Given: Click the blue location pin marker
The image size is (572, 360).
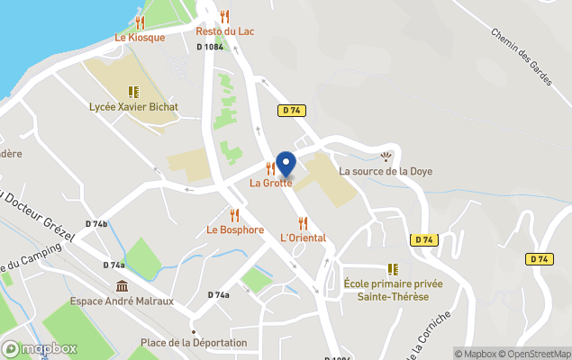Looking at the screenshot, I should pyautogui.click(x=286, y=165).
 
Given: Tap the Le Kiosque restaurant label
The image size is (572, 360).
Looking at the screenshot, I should pyautogui.click(x=140, y=38).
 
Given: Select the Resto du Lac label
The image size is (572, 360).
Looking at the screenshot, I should pyautogui.click(x=225, y=31).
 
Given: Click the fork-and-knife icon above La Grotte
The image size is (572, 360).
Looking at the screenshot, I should pyautogui.click(x=270, y=168).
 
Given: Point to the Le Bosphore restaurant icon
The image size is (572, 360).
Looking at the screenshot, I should pyautogui.click(x=234, y=214).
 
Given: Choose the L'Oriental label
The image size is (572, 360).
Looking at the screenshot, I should pyautogui.click(x=303, y=238).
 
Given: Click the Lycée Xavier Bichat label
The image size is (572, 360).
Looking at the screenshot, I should pyautogui.click(x=133, y=107).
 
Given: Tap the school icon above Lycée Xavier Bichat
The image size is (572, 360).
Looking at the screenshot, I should pyautogui.click(x=133, y=91).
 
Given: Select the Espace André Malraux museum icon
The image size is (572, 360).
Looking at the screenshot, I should pyautogui.click(x=122, y=286).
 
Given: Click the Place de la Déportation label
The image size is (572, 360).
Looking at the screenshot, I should pyautogui.click(x=194, y=343).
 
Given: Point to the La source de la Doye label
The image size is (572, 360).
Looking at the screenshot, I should pyautogui.click(x=386, y=171).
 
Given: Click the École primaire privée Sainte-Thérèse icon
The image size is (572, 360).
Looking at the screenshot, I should pyautogui.click(x=393, y=268).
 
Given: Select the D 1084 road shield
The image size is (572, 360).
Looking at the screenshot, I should pyautogui.click(x=209, y=47).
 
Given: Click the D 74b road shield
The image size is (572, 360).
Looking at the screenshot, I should pyautogui.click(x=96, y=223).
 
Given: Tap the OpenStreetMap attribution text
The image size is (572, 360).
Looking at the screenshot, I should pyautogui.click(x=533, y=354).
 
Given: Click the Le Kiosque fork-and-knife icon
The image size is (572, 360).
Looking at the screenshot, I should pyautogui.click(x=140, y=22).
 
